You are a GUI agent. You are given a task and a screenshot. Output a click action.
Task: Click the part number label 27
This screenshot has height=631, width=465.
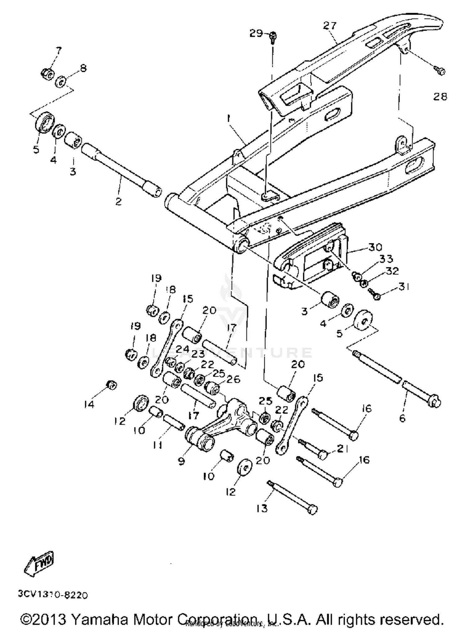pyautogui.click(x=330, y=25)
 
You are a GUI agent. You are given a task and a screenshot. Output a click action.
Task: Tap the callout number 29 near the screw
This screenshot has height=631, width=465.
pyautogui.click(x=256, y=33)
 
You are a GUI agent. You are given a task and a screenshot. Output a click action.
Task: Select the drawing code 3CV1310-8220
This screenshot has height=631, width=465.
pyautogui.click(x=53, y=595)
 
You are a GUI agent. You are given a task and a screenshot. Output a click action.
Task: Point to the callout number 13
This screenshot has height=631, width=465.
pyautogui.click(x=262, y=508)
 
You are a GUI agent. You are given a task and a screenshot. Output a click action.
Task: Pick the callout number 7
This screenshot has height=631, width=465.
pyautogui.click(x=59, y=50)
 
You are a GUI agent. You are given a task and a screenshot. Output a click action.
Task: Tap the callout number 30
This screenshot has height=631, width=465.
pyautogui.click(x=375, y=247)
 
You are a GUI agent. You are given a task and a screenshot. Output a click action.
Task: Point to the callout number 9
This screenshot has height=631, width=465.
pyautogui.click(x=181, y=461)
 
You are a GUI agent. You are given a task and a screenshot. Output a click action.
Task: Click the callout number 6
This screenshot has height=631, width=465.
pyautogui.click(x=402, y=418)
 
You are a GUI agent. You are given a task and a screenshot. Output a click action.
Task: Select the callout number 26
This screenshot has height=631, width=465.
pyautogui.click(x=233, y=379)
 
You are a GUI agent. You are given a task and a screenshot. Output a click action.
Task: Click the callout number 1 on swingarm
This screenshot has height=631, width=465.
pyautogui.click(x=228, y=118)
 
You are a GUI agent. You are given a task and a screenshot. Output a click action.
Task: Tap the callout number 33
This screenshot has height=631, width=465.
pyautogui.click(x=386, y=258)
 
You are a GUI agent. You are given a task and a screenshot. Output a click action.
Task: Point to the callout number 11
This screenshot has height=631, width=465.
pyautogui.click(x=157, y=445)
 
